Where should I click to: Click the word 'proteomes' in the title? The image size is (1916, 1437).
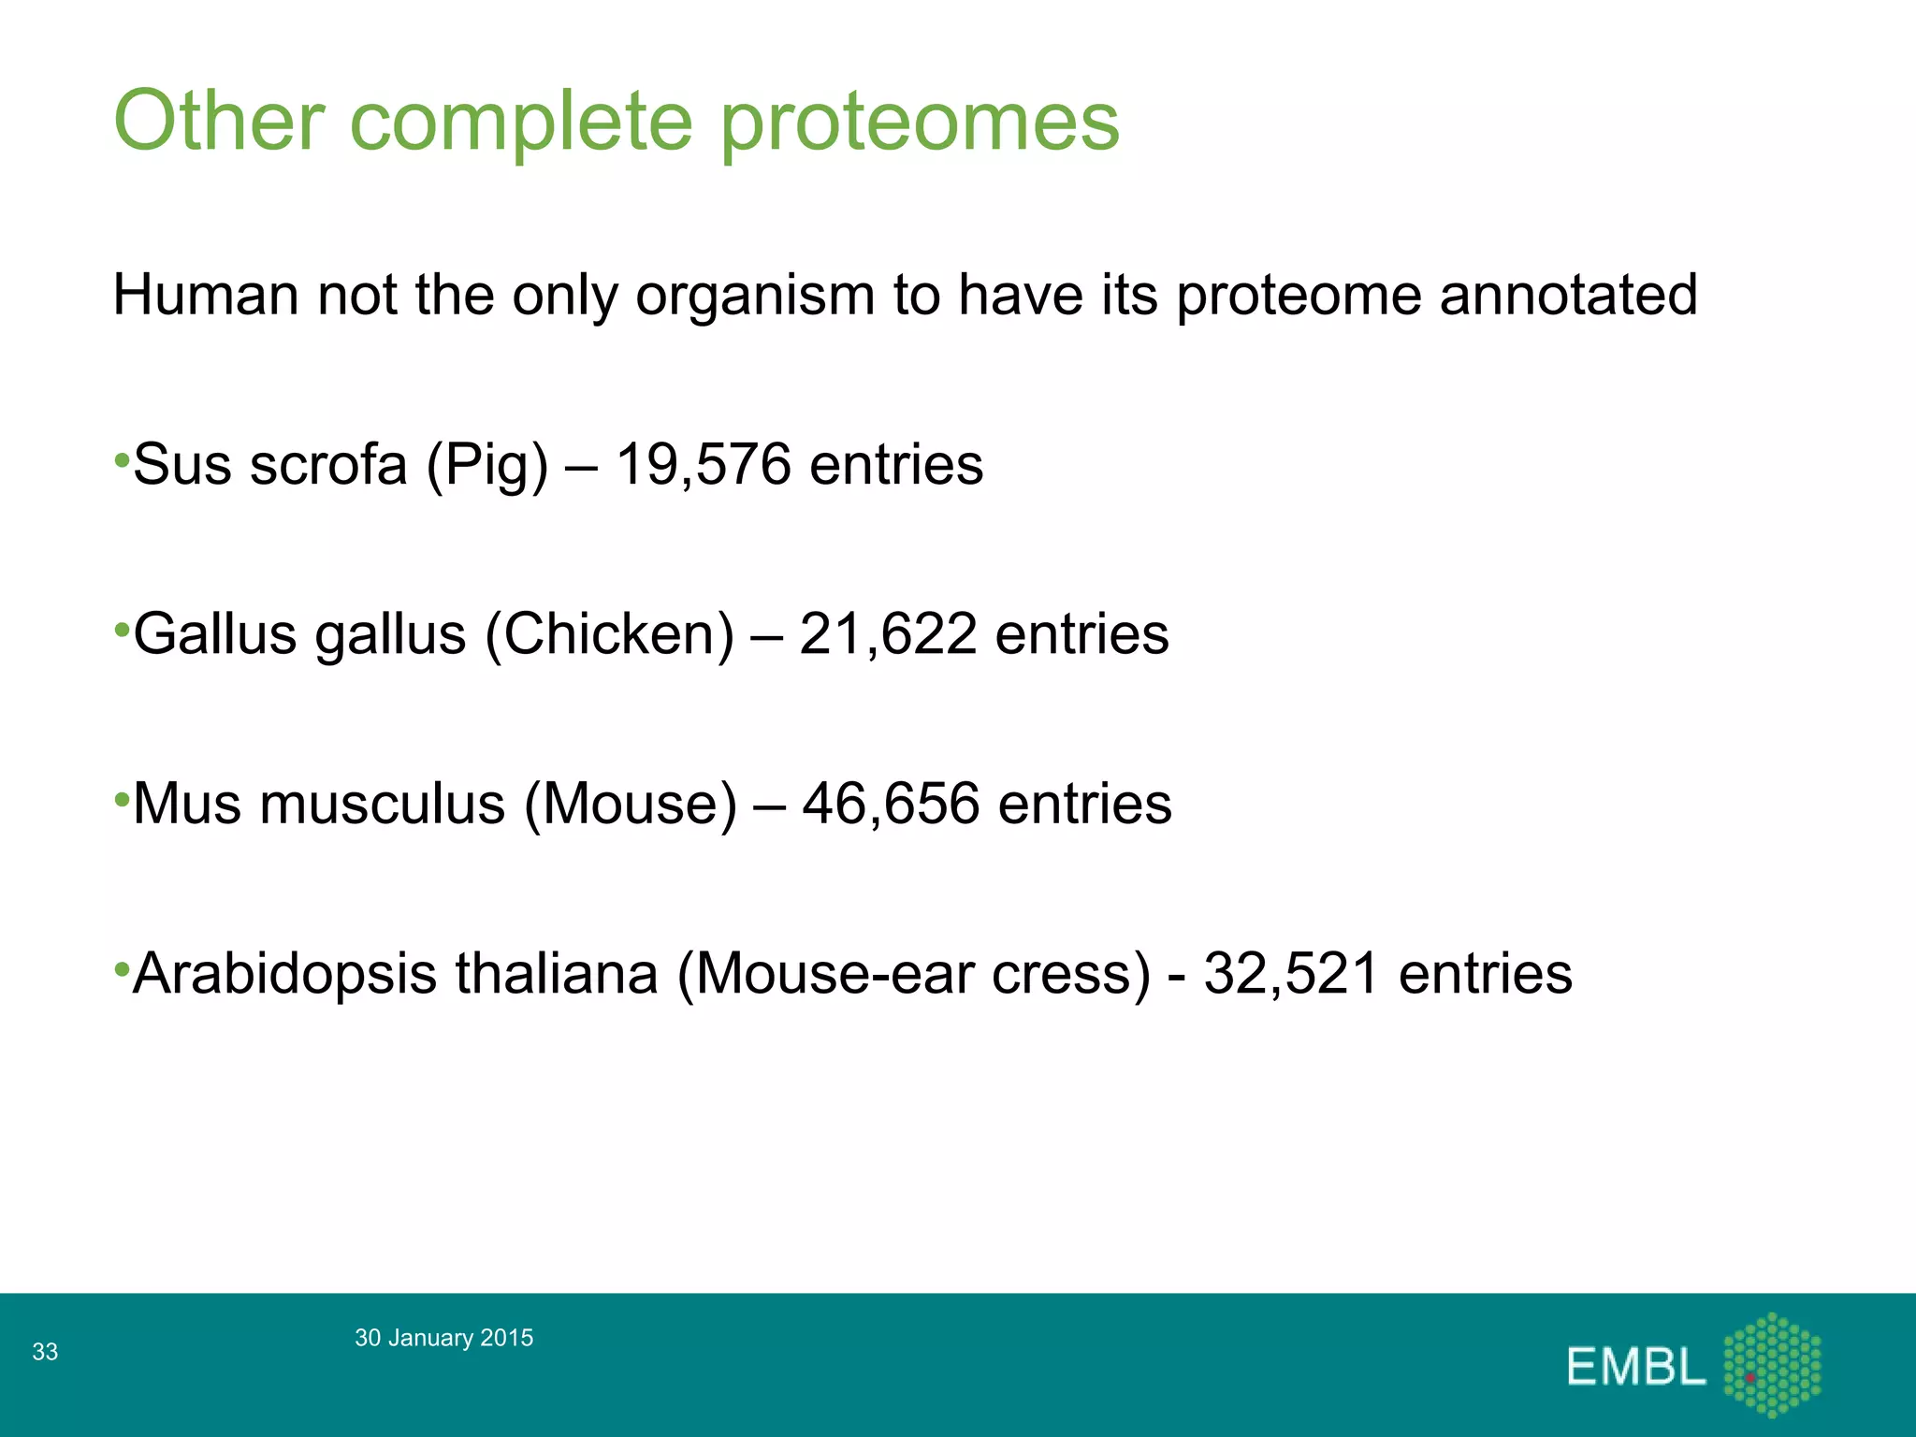920,122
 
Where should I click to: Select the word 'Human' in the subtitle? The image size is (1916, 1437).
205,295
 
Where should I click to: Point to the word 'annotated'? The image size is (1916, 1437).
1568,295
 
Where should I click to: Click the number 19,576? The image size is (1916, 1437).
704,464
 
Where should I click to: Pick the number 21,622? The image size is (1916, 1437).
888,633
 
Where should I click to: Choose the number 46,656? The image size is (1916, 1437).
891,804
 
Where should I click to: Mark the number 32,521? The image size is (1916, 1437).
1291,973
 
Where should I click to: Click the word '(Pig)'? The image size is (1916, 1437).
486,465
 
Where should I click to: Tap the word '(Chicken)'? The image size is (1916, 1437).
610,634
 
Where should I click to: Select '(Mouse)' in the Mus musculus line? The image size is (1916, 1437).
631,805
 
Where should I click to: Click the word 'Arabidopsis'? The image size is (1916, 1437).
284,975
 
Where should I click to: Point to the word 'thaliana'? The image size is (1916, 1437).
557,973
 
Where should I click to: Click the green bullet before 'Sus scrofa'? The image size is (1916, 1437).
122,460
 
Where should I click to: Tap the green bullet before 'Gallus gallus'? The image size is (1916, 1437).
122,630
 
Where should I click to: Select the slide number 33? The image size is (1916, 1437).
45,1352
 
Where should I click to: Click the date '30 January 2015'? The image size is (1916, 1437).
443,1338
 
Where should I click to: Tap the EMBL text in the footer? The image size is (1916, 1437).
1636,1367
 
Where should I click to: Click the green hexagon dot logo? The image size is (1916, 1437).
1772,1365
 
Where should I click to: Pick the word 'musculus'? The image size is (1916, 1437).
382,805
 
